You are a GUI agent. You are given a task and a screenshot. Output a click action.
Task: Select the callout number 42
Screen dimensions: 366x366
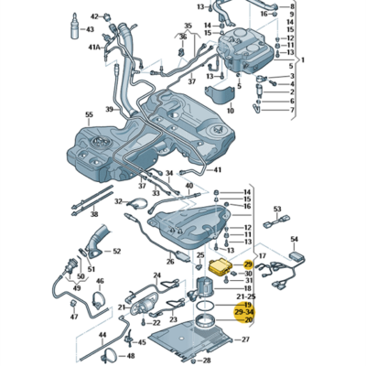click(x=94, y=16)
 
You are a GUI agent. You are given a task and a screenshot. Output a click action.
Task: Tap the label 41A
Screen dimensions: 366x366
click(x=94, y=45)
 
